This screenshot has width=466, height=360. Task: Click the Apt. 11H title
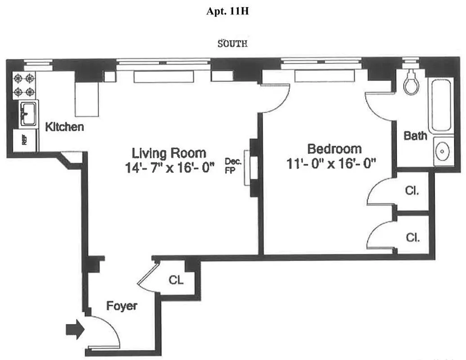click(227, 12)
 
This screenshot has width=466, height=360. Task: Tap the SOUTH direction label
click(233, 44)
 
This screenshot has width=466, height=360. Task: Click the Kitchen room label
click(64, 127)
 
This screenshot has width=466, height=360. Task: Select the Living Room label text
click(169, 153)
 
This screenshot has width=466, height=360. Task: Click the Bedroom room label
click(334, 149)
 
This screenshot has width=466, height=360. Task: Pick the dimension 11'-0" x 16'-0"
click(331, 164)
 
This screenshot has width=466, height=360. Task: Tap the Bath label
click(415, 135)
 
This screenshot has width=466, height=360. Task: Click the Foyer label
click(121, 306)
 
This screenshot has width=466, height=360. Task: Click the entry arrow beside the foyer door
click(75, 330)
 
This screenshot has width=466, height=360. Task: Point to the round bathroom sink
click(444, 152)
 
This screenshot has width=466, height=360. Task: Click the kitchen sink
click(29, 113)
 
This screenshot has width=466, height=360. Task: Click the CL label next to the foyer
click(176, 280)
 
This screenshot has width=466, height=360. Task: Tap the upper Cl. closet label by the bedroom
click(412, 190)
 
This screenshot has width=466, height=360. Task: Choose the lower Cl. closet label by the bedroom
click(412, 237)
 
